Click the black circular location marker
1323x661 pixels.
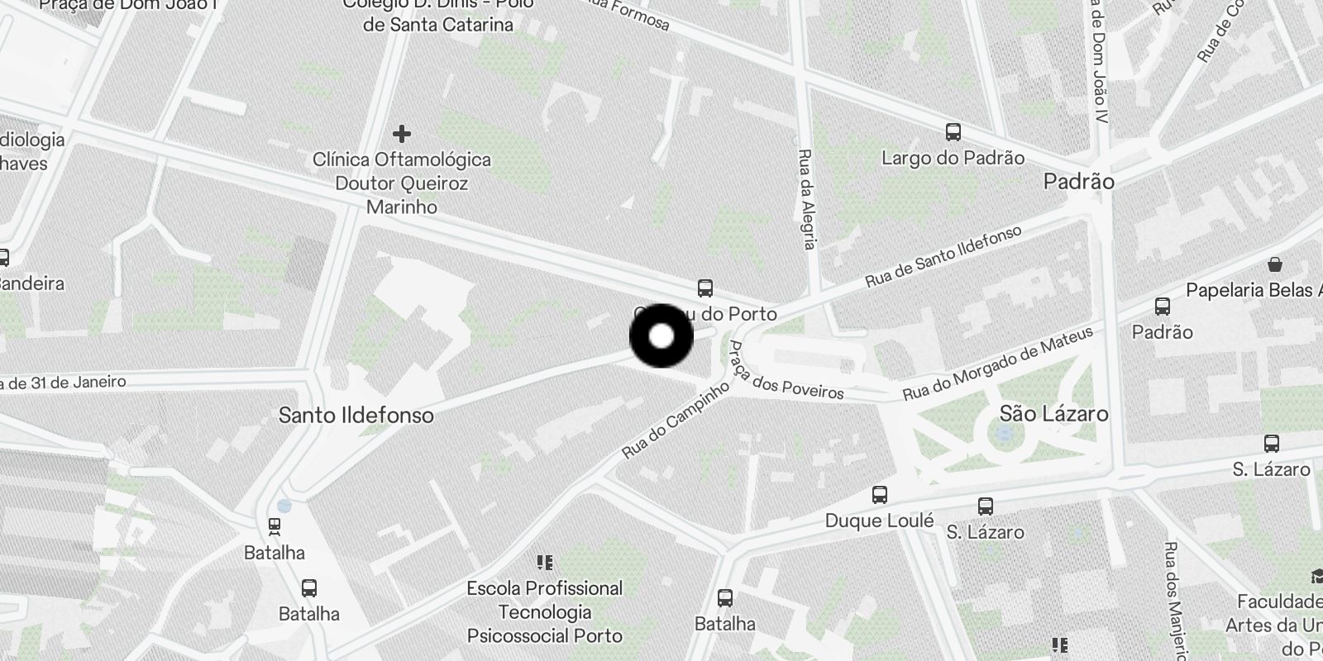click(x=661, y=336)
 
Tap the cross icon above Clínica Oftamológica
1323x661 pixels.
click(x=402, y=133)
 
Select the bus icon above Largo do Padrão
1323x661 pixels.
click(x=953, y=132)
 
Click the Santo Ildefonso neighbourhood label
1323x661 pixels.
click(x=356, y=415)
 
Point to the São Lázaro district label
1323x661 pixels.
click(x=1053, y=413)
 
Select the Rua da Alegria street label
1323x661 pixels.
click(x=807, y=198)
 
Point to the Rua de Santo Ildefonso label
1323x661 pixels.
click(x=943, y=256)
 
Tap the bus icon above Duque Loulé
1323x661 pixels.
click(x=880, y=495)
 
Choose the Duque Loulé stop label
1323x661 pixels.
click(x=880, y=521)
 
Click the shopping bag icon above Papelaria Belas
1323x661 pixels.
click(x=1275, y=264)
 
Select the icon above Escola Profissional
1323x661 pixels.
click(x=545, y=564)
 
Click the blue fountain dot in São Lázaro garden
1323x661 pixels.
click(x=1005, y=434)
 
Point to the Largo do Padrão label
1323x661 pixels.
click(x=953, y=158)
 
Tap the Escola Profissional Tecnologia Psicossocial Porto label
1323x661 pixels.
click(x=545, y=612)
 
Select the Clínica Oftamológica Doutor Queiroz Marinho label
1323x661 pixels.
click(x=402, y=183)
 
